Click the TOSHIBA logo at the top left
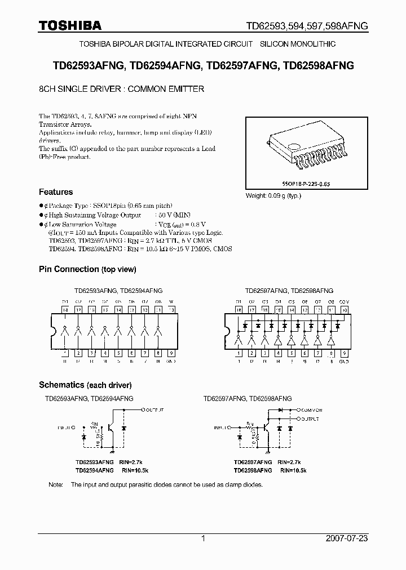pos(70,25)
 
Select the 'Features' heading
pos(55,192)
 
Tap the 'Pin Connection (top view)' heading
pos(87,269)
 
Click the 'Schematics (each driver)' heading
pos(85,385)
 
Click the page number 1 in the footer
pos(203,538)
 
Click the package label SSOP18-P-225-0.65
pos(305,184)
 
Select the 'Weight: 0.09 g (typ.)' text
pos(273,196)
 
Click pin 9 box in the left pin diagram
pos(171,353)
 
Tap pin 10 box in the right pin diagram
pos(345,310)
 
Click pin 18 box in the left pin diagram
pos(65,310)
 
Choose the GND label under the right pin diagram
pos(345,360)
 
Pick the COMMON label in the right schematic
pos(311,411)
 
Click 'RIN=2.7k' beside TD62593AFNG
pos(134,461)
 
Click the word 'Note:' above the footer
pos(56,484)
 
